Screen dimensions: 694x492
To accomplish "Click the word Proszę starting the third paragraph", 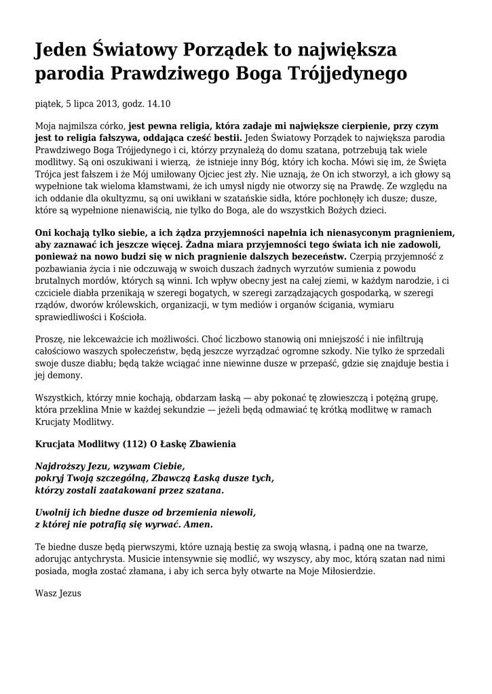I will point(50,339).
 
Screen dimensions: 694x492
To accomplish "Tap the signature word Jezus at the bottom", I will point(69,593).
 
